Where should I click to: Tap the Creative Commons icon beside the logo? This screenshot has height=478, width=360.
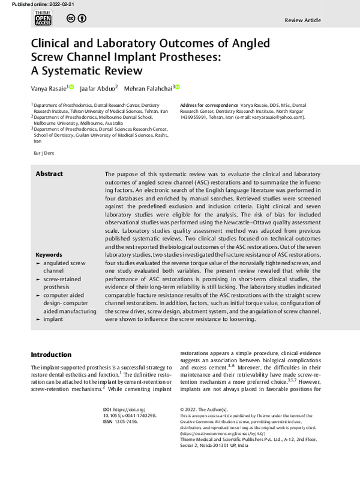coord(76,19)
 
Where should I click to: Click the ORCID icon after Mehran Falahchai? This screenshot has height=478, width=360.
coord(178,88)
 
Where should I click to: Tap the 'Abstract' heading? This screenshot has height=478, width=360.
coord(49,174)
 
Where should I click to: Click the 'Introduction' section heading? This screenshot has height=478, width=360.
coord(51,354)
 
